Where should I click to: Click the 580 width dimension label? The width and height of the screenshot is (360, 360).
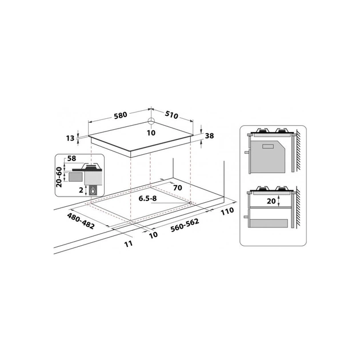pyautogui.click(x=120, y=114)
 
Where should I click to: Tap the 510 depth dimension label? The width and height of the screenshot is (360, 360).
pyautogui.click(x=171, y=115)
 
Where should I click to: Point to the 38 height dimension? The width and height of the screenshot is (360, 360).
pyautogui.click(x=209, y=136)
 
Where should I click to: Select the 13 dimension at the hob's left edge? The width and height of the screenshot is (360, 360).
pyautogui.click(x=70, y=138)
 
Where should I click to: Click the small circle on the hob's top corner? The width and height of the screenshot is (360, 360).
pyautogui.click(x=150, y=121)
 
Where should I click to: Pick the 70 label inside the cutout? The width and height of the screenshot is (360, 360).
pyautogui.click(x=177, y=187)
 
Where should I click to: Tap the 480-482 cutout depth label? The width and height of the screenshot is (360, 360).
pyautogui.click(x=81, y=222)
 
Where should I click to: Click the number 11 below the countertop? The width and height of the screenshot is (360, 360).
pyautogui.click(x=129, y=243)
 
